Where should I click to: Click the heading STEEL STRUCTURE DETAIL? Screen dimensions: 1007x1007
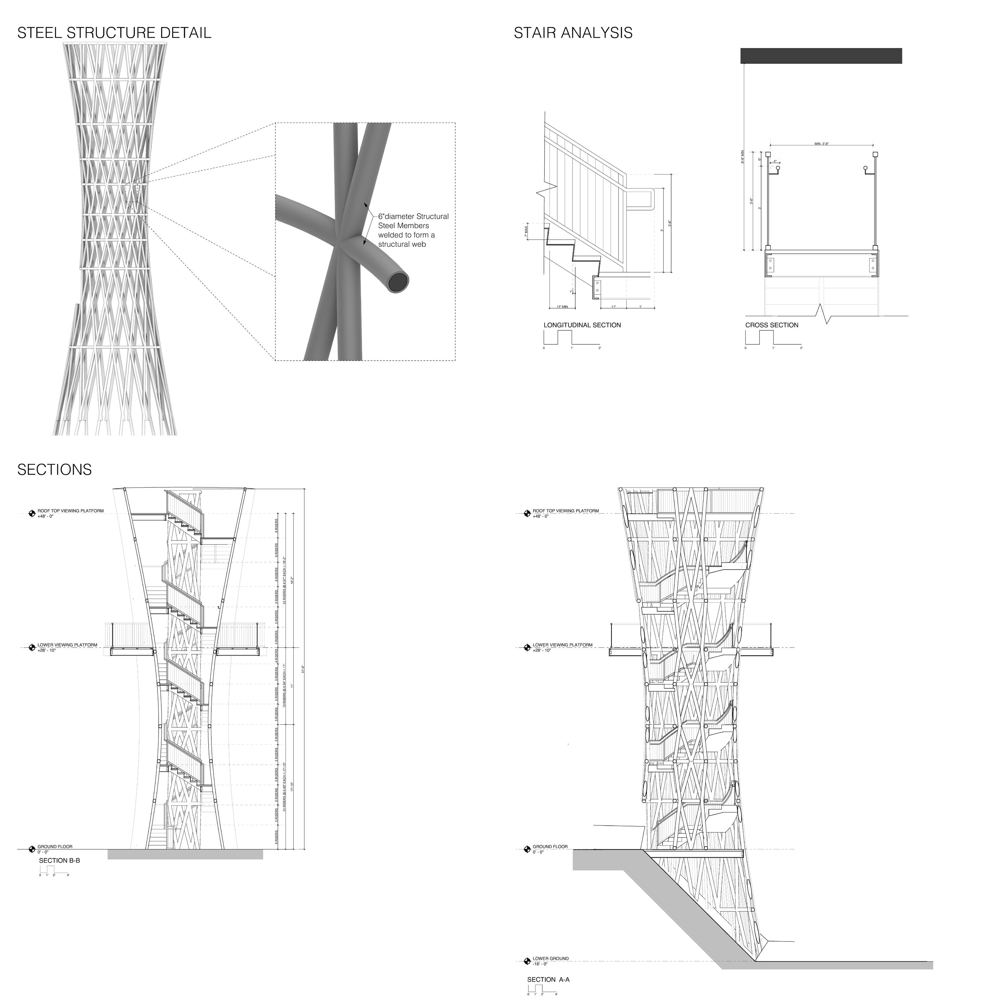[114, 33]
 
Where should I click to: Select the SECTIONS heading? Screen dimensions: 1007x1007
[54, 470]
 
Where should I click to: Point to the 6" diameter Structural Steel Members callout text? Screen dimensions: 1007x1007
[413, 230]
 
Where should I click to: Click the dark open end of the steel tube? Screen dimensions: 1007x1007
[399, 283]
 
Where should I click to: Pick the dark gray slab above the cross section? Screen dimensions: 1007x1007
[821, 56]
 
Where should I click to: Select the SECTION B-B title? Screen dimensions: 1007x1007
[60, 861]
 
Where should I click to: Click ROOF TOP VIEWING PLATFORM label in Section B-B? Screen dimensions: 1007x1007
[70, 511]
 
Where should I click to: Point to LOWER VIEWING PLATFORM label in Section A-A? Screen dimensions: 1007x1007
[562, 645]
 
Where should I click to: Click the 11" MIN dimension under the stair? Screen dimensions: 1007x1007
[562, 307]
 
